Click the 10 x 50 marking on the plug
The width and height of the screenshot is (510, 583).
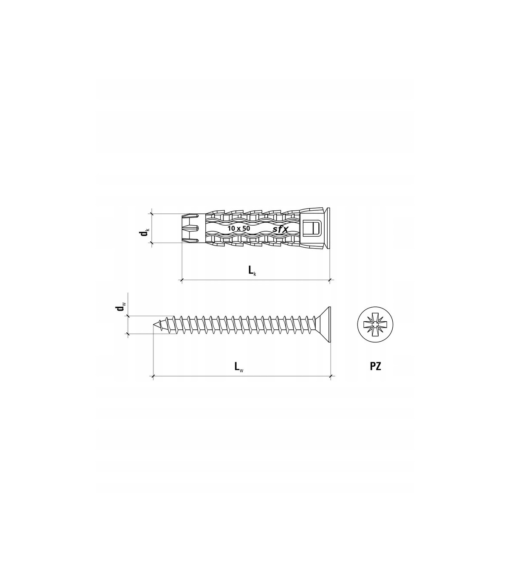pos(238,228)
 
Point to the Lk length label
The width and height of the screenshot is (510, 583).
pos(252,270)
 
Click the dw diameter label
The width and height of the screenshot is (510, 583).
pos(120,307)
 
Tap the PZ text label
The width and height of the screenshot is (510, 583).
pos(376,366)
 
